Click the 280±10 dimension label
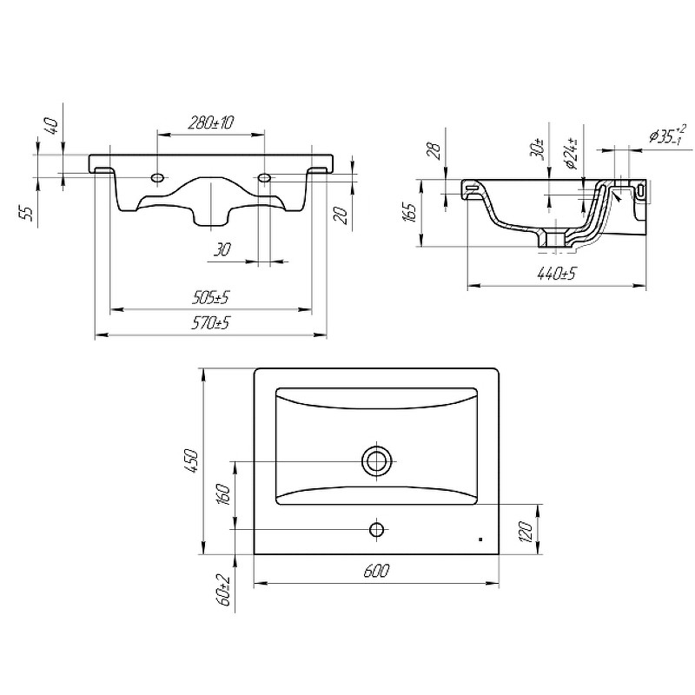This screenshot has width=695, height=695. pos(210,122)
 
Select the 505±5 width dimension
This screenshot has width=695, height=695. pos(210,298)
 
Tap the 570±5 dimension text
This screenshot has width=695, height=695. pos(210,322)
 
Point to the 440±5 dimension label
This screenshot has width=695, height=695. pos(556,274)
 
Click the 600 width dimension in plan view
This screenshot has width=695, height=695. pos(376,571)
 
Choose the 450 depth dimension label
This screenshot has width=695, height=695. pos(192,461)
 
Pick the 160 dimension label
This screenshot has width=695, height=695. pos(224,496)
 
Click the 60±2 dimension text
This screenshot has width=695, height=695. pos(224,590)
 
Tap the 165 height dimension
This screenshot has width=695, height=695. pos(410,213)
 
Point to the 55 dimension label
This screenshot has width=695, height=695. pos(27,213)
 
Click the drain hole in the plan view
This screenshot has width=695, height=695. pos(377,461)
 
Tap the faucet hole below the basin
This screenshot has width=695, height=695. pos(377,529)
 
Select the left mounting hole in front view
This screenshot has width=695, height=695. pos(157,178)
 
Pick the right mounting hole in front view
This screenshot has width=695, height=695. pos(264,178)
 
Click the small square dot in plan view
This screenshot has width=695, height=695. pos(481,539)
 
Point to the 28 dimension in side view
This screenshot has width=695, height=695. pos(435,150)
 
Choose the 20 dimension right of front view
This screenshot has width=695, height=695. pos(342,215)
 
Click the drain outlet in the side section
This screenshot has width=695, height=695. pos(553,240)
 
